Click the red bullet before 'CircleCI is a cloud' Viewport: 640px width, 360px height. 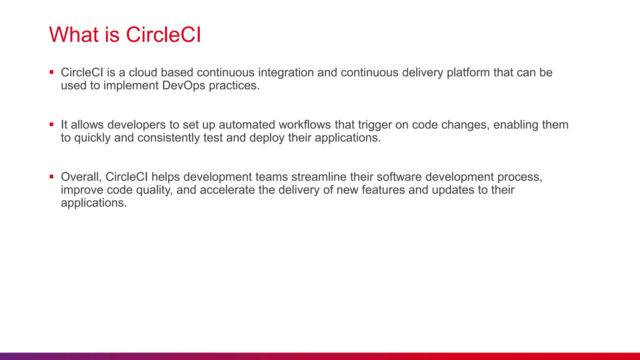(52, 72)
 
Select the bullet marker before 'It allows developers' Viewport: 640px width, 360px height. (52, 124)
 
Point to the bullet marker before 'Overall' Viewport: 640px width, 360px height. (52, 177)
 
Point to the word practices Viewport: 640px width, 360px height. (234, 86)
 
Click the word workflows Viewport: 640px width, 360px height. (304, 125)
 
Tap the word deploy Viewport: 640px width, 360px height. (267, 138)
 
